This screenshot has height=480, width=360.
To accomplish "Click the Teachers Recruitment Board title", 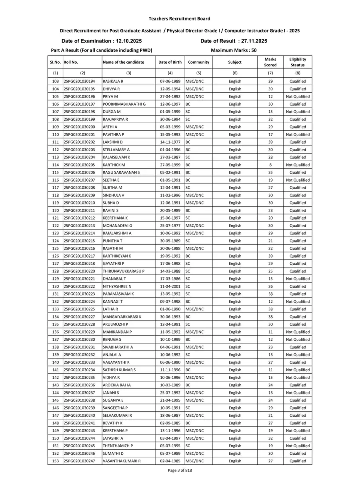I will pos(179,18).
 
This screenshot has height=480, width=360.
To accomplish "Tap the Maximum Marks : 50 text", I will pos(234,50).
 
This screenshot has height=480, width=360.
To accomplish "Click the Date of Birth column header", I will pos(170,62).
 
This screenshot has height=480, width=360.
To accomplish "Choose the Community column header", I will pos(199,62).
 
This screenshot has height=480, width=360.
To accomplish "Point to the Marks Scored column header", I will pos(270,62).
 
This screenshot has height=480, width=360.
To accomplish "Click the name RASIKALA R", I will pos(113,81).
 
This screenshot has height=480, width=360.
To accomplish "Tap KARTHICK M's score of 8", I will pos(270,165).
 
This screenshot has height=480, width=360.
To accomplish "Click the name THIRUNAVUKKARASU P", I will pos(124,271).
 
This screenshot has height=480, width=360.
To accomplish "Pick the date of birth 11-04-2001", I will pos(170,286).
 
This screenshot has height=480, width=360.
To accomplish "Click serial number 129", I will pos(56,279).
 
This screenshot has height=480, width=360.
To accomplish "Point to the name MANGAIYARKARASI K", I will pos(122,317).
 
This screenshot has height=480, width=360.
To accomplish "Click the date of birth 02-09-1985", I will pos(170,423).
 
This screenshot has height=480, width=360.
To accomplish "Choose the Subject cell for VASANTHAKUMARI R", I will pos(235,461).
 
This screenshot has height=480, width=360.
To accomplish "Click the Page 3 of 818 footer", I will pos(180,470).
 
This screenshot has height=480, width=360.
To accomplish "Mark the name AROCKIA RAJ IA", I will pos(117,385).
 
